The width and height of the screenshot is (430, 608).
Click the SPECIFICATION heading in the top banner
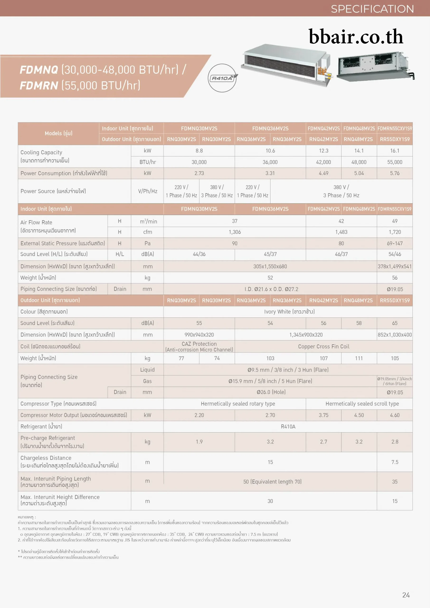pyautogui.click(x=372, y=9)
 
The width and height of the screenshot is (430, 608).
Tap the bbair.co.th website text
pyautogui.click(x=356, y=37)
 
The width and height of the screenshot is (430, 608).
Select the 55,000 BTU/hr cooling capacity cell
pyautogui.click(x=395, y=162)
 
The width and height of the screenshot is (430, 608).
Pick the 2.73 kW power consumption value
pyautogui.click(x=199, y=173)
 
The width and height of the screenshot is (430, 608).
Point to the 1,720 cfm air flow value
pyautogui.click(x=395, y=232)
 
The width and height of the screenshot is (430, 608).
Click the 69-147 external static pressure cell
pyautogui.click(x=395, y=243)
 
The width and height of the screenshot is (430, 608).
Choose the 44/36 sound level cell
pyautogui.click(x=199, y=254)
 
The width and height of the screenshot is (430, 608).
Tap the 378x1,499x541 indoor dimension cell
pyautogui.click(x=395, y=266)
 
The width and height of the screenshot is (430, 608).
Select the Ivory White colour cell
pyautogui.click(x=289, y=312)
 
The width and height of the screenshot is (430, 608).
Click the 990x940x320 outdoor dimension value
pyautogui.click(x=199, y=335)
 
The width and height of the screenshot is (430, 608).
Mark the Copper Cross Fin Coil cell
pyautogui.click(x=324, y=346)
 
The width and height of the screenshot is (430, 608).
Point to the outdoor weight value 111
pyautogui.click(x=359, y=358)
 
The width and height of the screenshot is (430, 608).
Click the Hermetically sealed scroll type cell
pyautogui.click(x=362, y=404)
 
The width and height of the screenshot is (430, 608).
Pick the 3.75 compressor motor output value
pyautogui.click(x=323, y=415)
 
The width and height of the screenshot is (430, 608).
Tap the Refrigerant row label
pyautogui.click(x=41, y=427)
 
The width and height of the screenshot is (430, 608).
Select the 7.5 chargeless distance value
pyautogui.click(x=395, y=462)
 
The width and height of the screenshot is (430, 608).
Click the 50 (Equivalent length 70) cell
pyautogui.click(x=272, y=482)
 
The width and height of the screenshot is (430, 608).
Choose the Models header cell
pyautogui.click(x=58, y=133)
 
